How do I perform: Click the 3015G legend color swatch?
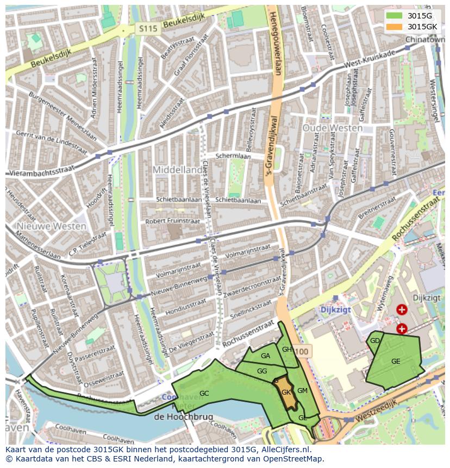point(395,16)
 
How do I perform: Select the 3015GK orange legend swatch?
point(395,27)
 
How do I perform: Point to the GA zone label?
point(265,356)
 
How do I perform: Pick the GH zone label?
point(287,349)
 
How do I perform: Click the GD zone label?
point(374,341)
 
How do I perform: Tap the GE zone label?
point(396,361)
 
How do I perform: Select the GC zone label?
point(204,393)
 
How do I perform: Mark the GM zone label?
point(303,391)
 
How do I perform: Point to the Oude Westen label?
point(332,128)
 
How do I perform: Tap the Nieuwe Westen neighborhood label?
point(51,226)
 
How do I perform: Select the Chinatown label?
point(422,40)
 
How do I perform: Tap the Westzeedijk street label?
point(374,411)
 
